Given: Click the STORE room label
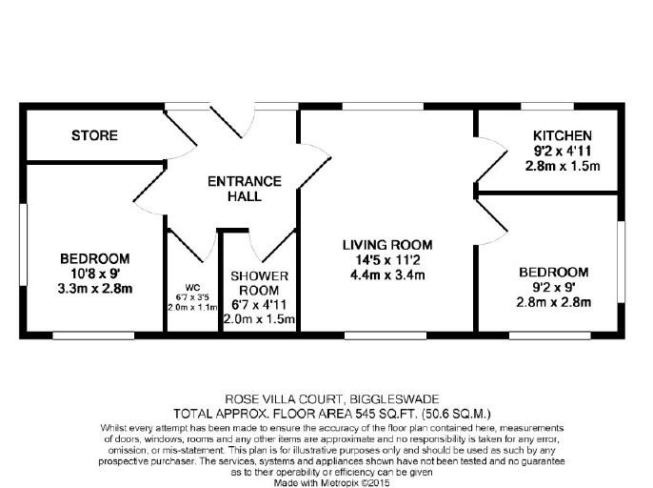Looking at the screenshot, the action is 94,135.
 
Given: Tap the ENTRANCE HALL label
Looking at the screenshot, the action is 245,189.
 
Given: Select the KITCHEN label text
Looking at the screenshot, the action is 563,135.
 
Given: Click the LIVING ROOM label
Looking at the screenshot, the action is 387,245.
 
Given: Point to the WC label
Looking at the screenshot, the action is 192,288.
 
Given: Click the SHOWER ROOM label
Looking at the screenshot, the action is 259,283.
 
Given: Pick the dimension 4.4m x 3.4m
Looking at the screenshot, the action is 387,275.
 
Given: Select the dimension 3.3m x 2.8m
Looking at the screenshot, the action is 95,289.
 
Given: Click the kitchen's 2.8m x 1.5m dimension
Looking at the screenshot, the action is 563,166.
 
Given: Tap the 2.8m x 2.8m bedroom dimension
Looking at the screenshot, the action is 553,302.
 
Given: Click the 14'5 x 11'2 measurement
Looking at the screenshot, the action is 387,260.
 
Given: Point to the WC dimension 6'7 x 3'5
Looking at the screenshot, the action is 192,297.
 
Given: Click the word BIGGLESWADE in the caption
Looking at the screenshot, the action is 394,399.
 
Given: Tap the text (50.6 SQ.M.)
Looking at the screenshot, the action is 457,415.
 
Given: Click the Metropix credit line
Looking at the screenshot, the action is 331,483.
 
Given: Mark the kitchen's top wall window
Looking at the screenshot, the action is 547,107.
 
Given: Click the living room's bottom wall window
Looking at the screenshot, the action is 386,335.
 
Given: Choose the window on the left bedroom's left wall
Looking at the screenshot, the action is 23,244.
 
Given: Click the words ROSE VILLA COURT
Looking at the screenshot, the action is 284,399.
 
